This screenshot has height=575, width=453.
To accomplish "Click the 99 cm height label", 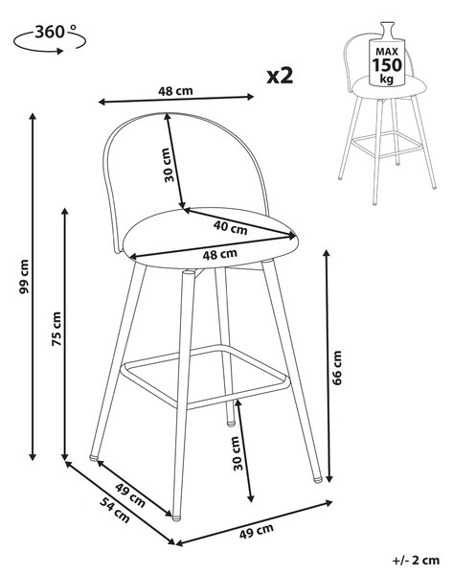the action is [24, 277].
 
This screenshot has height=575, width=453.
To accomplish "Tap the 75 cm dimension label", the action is [57, 329].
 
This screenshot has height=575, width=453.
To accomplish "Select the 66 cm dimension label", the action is [337, 368].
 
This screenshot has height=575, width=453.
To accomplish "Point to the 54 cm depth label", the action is [115, 510].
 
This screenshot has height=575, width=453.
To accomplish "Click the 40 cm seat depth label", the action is [231, 227].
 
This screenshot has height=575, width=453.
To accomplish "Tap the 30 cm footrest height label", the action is [238, 453].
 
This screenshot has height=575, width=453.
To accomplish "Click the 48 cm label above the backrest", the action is [175, 91].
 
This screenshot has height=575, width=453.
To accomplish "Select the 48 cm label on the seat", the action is [220, 254].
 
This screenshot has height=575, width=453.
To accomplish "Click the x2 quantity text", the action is [280, 76].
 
